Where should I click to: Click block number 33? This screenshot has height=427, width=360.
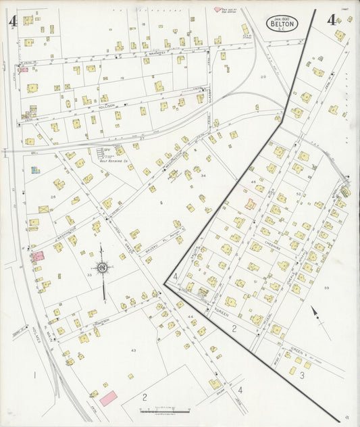[89, 275]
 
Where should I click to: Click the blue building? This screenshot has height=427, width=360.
[35, 170]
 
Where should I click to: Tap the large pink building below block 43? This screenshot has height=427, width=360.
[108, 398]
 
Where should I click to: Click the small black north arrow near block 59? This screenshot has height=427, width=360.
[313, 313]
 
